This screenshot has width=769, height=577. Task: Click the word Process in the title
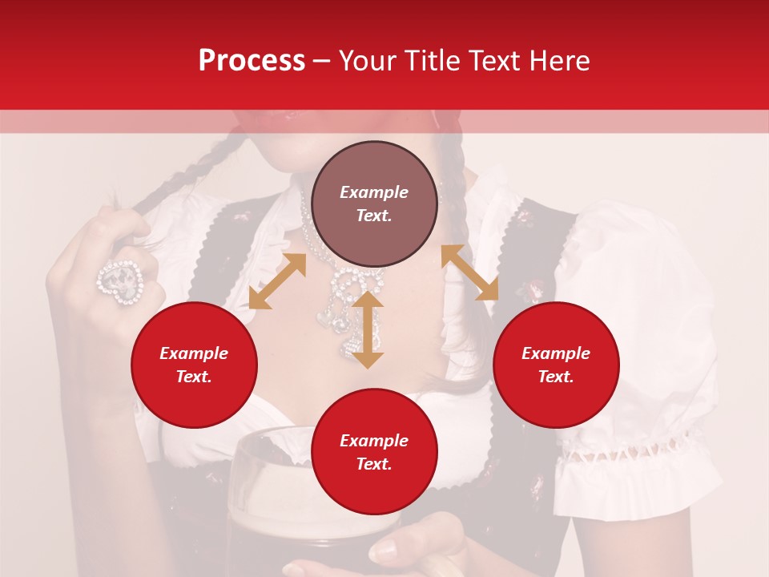(x=252, y=61)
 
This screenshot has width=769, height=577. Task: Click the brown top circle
(x=374, y=204)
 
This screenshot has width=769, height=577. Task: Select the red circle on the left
(x=194, y=365)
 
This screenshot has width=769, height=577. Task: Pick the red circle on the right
(x=556, y=365)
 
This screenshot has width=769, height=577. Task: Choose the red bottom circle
(x=374, y=452)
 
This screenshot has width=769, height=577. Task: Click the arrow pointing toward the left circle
(x=277, y=281)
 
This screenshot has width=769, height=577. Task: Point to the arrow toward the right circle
(x=469, y=272)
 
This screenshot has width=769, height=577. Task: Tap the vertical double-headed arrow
(x=368, y=329)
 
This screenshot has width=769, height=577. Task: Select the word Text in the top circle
(x=373, y=216)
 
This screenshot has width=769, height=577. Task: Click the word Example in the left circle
(x=194, y=353)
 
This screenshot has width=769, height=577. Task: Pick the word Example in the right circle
(x=556, y=353)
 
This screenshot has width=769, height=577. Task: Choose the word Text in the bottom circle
(x=373, y=464)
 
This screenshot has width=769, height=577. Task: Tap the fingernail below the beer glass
(x=385, y=549)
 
